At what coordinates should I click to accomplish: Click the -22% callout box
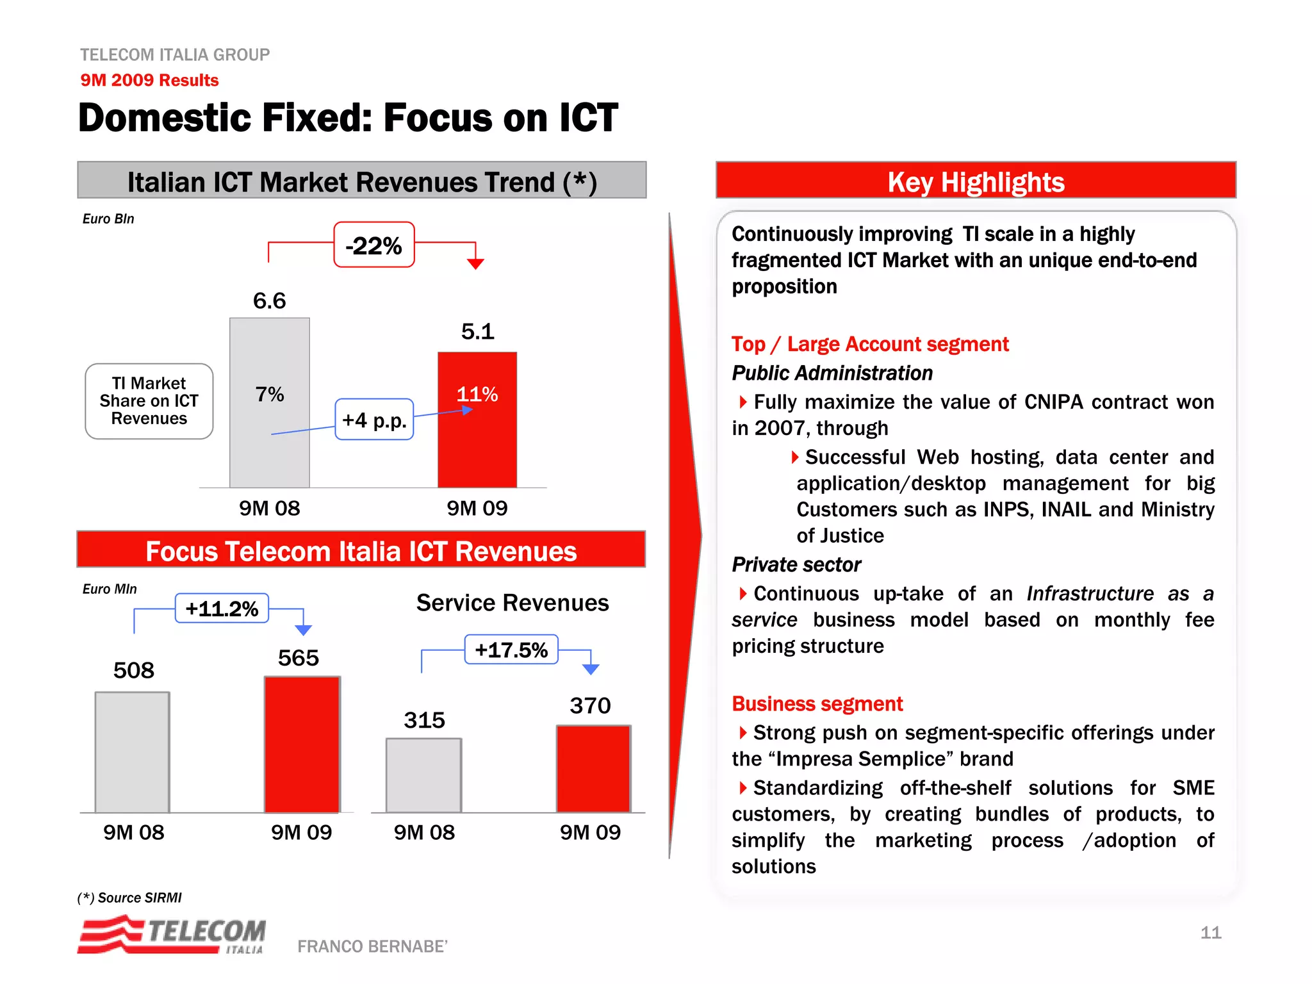[x=373, y=245]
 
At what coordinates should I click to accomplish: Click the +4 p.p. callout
[x=374, y=420]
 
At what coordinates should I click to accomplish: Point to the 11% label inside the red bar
[x=477, y=394]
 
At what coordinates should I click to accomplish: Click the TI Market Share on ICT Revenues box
[x=149, y=401]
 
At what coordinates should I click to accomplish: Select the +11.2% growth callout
[x=222, y=608]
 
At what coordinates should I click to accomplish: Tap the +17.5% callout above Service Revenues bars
[x=511, y=650]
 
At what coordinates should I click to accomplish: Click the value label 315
[x=424, y=720]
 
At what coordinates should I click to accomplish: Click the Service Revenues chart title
[x=512, y=603]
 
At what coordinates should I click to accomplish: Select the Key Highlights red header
[x=975, y=181]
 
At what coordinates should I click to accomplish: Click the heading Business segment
[x=817, y=703]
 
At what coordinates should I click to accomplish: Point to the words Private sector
[x=796, y=564]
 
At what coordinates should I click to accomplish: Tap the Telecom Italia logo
[x=172, y=935]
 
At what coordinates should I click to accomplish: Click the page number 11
[x=1210, y=932]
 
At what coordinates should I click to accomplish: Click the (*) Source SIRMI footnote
[x=129, y=898]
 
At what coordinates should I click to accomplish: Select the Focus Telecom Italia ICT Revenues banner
[x=361, y=550]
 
